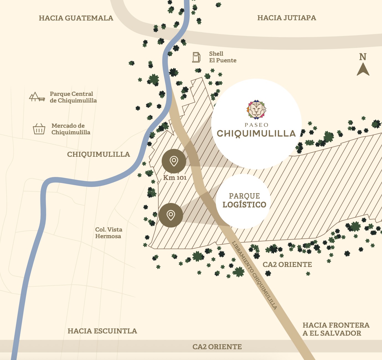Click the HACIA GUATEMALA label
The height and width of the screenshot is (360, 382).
pos(76,18)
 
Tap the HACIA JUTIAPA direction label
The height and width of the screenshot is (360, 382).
pos(286,18)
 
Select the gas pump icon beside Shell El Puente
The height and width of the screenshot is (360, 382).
pos(196,57)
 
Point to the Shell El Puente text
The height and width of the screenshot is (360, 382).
pos(223,57)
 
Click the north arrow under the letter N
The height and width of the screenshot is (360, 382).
pos(363,70)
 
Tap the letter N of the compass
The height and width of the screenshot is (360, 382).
pos(363,57)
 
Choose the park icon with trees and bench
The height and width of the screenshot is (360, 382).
pos(37,97)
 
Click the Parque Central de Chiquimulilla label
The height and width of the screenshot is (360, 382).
pos(73,97)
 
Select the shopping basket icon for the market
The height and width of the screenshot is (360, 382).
pos(39,129)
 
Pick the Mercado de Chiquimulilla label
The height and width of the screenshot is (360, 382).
pos(71,129)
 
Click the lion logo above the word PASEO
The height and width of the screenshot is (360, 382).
pos(256,110)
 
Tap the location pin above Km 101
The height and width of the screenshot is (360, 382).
pos(174,161)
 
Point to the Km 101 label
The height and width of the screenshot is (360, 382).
pos(175,178)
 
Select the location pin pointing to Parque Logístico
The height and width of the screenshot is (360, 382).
pos(171,215)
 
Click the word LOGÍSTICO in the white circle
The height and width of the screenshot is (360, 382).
pos(244,205)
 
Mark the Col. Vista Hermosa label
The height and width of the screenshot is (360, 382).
pos(109,233)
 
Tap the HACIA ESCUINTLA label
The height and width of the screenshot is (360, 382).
pos(102,331)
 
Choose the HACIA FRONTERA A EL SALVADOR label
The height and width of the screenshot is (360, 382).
pos(336,329)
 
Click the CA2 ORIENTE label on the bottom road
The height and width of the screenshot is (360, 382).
pos(217,347)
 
